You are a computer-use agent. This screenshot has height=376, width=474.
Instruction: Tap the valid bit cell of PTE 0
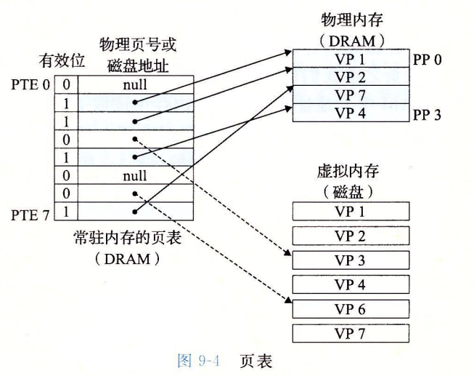66,85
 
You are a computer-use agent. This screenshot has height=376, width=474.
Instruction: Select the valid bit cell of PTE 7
66,212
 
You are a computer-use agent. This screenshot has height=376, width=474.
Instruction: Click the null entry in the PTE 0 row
135,85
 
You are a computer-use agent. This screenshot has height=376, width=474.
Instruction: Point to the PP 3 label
428,113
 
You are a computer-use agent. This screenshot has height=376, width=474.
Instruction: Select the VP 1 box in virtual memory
350,210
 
